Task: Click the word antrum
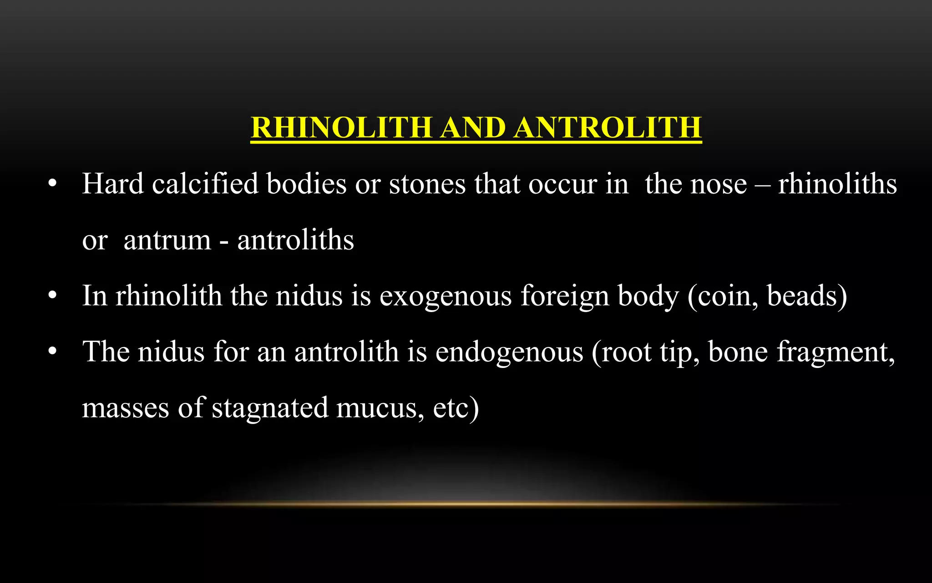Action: point(167,240)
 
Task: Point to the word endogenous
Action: point(509,353)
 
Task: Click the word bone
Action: point(738,352)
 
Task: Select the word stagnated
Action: point(269,409)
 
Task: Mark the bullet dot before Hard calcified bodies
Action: point(53,184)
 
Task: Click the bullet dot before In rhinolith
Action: point(53,297)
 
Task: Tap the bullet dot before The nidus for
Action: point(53,352)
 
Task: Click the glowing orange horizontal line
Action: point(466,504)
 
